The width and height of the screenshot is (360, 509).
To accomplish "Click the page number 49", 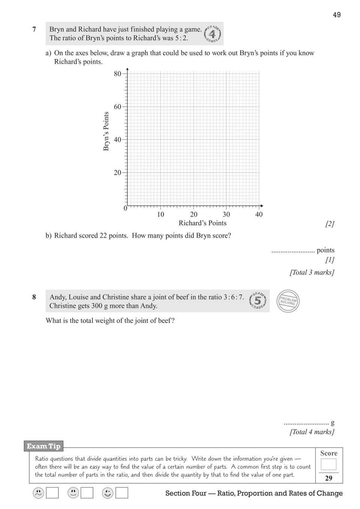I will pyautogui.click(x=336, y=15).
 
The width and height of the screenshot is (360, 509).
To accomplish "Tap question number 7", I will pyautogui.click(x=34, y=29).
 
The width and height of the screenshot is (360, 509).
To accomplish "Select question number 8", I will pyautogui.click(x=34, y=297).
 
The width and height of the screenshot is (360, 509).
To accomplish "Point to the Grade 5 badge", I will pyautogui.click(x=258, y=301).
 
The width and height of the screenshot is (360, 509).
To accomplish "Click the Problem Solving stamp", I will pyautogui.click(x=288, y=301).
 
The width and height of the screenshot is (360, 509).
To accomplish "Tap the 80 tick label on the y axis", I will pyautogui.click(x=118, y=74).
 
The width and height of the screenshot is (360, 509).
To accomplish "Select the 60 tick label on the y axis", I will pyautogui.click(x=118, y=107).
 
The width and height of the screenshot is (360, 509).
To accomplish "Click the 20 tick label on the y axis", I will pyautogui.click(x=118, y=173).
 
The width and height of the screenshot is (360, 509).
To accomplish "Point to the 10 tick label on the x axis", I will pyautogui.click(x=160, y=214).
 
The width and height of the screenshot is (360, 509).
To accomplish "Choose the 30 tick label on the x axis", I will pyautogui.click(x=226, y=214).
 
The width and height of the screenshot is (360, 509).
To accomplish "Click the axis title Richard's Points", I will pyautogui.click(x=202, y=223).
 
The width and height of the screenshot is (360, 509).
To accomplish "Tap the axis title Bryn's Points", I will pyautogui.click(x=106, y=131).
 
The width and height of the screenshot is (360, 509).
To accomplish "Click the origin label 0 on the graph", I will pyautogui.click(x=125, y=208).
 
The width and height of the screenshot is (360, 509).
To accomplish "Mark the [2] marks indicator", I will pyautogui.click(x=330, y=224).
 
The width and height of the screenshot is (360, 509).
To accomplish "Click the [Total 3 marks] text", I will pyautogui.click(x=312, y=272).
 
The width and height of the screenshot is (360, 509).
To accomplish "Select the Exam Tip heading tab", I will pyautogui.click(x=43, y=446).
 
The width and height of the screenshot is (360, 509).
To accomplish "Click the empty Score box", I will pyautogui.click(x=329, y=464).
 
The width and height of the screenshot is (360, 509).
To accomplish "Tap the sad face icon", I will pyautogui.click(x=38, y=493).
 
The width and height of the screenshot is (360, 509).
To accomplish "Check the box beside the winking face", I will pyautogui.click(x=122, y=493).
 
